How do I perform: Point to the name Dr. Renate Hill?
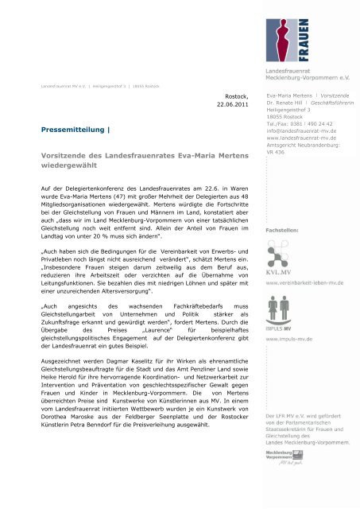[x=287, y=104]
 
